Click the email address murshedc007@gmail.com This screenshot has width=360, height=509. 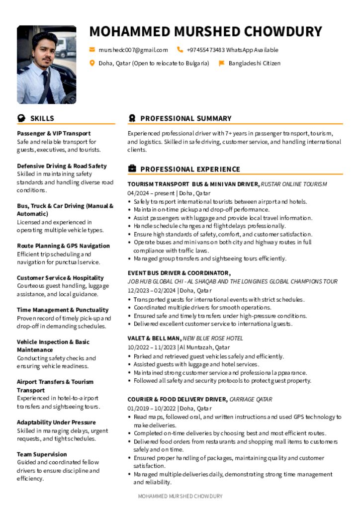[133, 50]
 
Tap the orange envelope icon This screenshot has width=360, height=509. [92, 50]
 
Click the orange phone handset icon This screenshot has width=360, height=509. [180, 50]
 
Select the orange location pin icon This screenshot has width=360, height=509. [92, 63]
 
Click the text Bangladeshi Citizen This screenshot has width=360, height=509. [255, 63]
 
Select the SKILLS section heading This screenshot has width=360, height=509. [42, 118]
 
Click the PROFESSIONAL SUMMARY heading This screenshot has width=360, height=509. [186, 118]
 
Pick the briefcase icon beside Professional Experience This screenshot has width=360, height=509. [132, 169]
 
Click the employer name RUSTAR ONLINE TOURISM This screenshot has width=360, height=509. [294, 184]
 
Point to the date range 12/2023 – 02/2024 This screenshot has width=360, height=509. [152, 290]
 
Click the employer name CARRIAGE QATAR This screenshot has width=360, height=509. [251, 400]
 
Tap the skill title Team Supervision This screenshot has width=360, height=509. [42, 454]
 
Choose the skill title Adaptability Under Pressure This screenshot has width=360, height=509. [56, 423]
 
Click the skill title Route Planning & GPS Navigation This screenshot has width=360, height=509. [63, 246]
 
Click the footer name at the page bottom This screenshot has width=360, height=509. [180, 496]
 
